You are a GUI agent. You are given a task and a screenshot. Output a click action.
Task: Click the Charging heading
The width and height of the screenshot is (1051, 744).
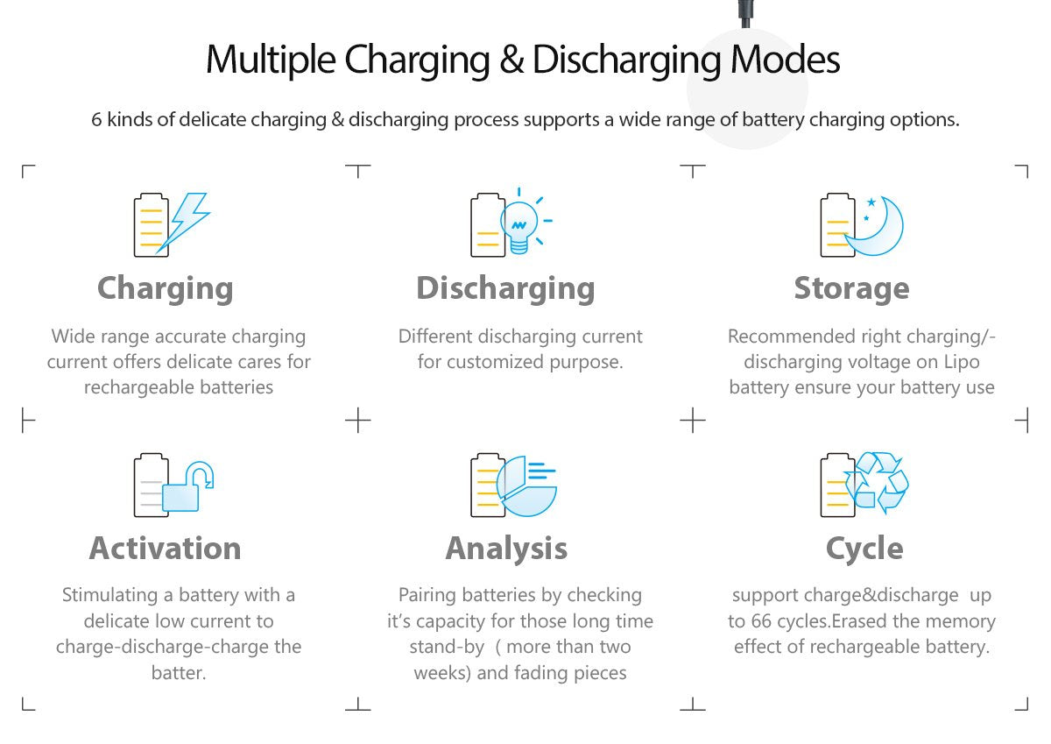point(166,288)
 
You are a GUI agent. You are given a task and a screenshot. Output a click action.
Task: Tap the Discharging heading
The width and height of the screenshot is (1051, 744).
point(506,288)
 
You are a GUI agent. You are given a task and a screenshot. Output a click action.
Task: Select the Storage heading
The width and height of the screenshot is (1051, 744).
point(851,288)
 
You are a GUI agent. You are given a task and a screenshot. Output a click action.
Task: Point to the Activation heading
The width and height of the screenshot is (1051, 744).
point(166,548)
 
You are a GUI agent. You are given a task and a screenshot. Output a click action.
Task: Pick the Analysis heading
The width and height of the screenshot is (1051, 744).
point(506,549)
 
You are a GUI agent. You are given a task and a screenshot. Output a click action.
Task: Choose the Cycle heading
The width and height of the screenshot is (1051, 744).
point(864,549)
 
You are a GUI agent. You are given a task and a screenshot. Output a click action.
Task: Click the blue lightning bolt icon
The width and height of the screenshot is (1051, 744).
point(184,223)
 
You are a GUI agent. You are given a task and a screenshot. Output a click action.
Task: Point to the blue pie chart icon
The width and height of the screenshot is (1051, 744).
point(526,488)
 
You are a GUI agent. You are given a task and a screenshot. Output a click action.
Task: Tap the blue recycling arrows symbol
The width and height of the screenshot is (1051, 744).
point(876,483)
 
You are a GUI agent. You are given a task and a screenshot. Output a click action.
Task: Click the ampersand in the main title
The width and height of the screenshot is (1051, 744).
point(511,60)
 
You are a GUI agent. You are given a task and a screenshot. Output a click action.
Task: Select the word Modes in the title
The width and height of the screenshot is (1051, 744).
point(785,60)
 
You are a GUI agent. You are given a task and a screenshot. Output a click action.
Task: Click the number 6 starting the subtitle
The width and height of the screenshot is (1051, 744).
point(96,120)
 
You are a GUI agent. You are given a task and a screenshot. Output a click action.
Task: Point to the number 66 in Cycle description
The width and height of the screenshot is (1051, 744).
point(761,621)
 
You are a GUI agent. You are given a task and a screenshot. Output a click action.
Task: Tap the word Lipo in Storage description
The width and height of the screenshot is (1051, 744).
point(961,362)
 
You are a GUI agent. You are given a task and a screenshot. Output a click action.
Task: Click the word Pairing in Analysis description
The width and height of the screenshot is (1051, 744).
point(427,596)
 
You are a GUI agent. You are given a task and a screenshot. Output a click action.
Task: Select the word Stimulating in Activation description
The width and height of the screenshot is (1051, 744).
point(109,596)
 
